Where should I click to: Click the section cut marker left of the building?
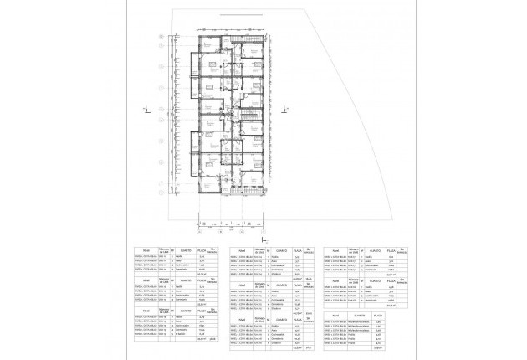click(145, 108)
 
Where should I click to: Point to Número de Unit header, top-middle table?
click(259, 251)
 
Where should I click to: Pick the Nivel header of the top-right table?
click(335, 251)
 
